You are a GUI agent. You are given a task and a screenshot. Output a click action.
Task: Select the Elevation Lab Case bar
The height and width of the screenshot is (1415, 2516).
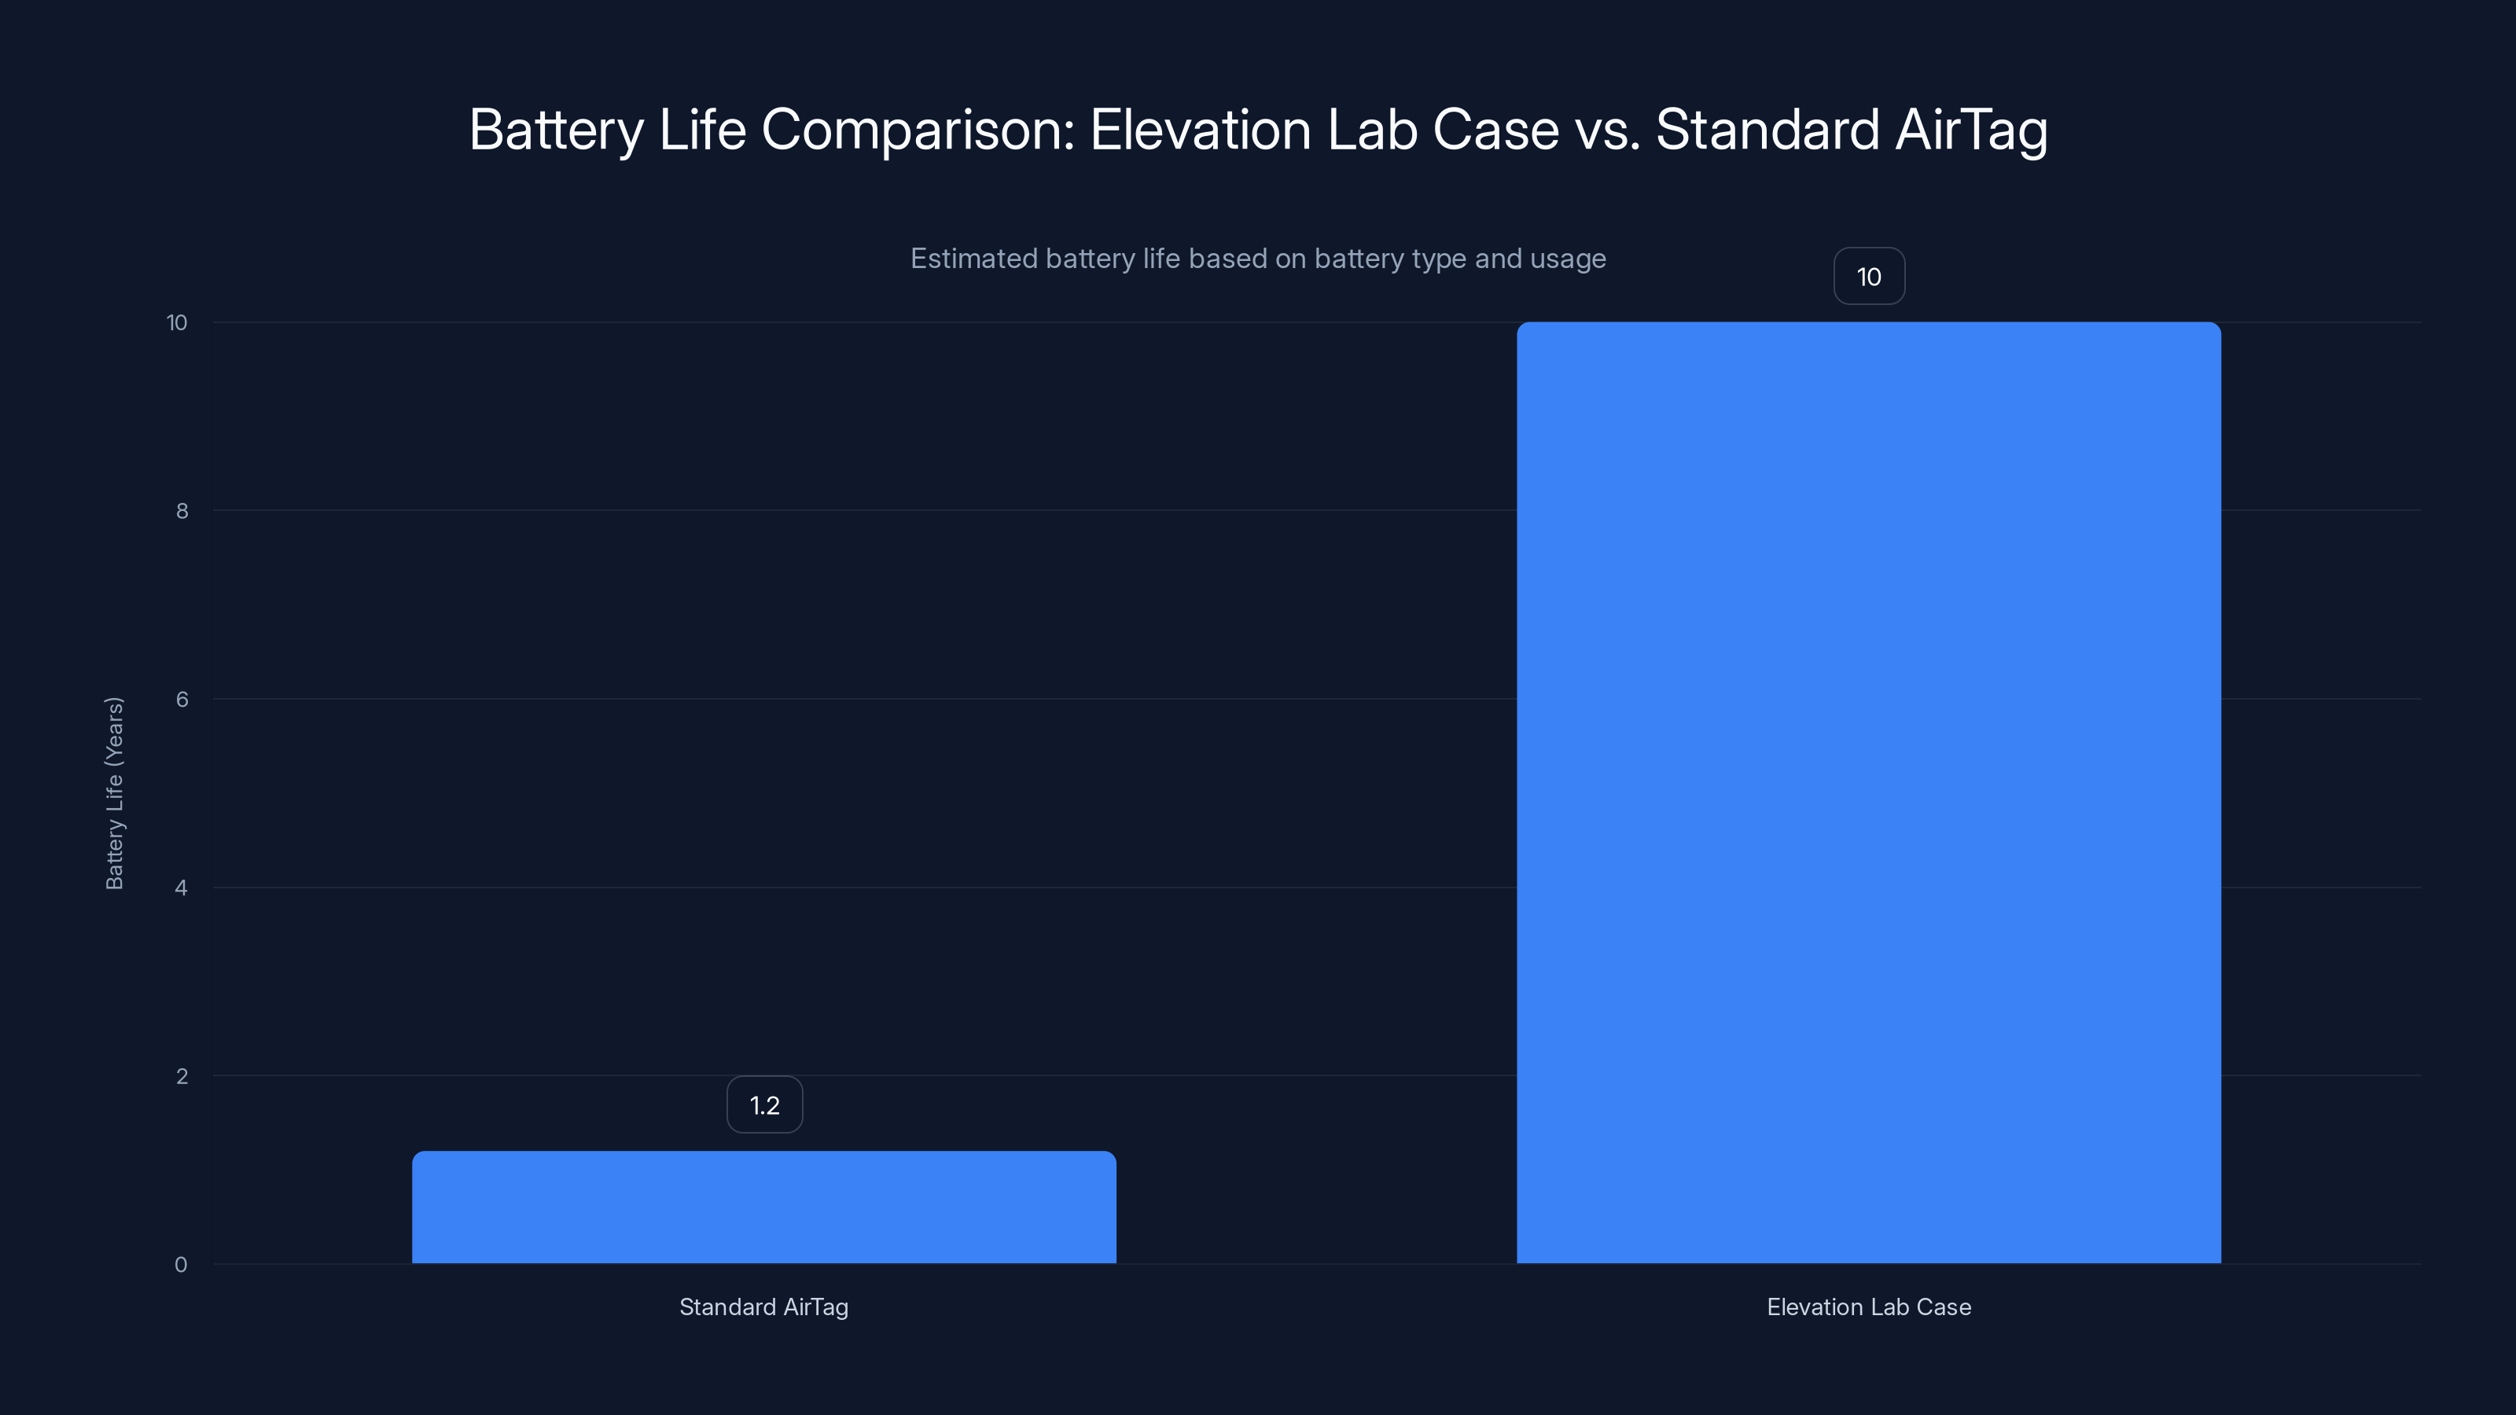(1868, 792)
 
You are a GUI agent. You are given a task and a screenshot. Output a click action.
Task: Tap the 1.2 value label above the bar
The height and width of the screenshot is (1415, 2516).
(763, 1104)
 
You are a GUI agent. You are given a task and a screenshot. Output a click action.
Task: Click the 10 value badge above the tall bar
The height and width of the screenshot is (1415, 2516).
(1868, 277)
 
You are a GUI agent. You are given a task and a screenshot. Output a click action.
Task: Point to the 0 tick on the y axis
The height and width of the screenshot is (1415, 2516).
(181, 1265)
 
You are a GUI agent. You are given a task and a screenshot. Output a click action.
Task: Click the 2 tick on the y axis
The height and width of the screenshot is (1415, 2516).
(182, 1076)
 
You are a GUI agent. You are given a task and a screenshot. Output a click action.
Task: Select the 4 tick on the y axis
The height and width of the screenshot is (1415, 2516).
(181, 888)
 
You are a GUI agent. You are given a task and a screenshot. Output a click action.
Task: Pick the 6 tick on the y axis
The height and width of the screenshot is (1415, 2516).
(182, 699)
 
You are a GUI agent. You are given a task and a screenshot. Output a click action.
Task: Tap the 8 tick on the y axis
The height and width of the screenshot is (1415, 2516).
(182, 511)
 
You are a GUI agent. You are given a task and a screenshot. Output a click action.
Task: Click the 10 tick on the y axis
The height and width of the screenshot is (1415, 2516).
(177, 322)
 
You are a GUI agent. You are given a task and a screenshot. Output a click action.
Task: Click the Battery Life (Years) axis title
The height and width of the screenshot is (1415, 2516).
(114, 793)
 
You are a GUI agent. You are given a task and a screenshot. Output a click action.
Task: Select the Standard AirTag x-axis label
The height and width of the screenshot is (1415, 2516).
(763, 1307)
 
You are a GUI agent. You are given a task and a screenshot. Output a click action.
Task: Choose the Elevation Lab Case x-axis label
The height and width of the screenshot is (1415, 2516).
(1868, 1307)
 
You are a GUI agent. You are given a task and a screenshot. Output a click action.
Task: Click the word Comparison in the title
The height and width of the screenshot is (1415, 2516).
(917, 130)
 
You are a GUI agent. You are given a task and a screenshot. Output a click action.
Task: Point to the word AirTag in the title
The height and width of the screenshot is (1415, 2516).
(1971, 130)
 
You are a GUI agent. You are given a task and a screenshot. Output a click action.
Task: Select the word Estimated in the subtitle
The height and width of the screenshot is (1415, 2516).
(973, 259)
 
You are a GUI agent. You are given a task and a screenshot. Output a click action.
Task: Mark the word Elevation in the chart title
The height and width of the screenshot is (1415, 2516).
(1201, 130)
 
